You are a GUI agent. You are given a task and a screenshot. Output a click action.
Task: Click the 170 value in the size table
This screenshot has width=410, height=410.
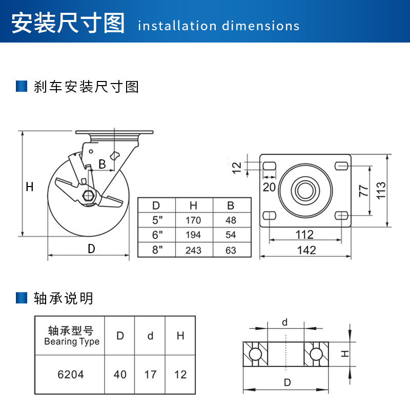pyautogui.click(x=193, y=220)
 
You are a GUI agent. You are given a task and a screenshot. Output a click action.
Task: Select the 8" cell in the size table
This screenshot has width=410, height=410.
pyautogui.click(x=157, y=250)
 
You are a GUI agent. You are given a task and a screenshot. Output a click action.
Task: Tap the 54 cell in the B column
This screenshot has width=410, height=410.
pyautogui.click(x=231, y=235)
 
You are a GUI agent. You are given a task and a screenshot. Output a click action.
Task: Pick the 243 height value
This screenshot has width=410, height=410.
pyautogui.click(x=193, y=250)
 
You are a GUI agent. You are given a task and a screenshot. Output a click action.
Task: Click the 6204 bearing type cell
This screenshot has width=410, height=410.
pyautogui.click(x=71, y=375)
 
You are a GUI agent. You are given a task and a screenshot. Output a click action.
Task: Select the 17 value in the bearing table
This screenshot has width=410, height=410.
pyautogui.click(x=150, y=375)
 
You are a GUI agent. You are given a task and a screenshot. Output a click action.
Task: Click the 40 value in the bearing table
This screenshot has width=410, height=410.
pyautogui.click(x=120, y=375)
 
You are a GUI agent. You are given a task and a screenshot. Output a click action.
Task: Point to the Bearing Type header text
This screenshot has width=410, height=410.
pyautogui.click(x=72, y=341)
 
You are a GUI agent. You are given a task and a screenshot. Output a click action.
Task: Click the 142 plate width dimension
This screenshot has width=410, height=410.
pyautogui.click(x=306, y=250)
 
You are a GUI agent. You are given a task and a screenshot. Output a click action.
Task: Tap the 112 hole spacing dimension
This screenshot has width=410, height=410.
pyautogui.click(x=304, y=235)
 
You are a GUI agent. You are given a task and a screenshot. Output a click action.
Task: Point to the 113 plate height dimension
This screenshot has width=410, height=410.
pyautogui.click(x=381, y=191)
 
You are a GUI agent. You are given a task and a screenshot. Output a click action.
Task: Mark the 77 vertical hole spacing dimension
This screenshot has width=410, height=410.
pyautogui.click(x=363, y=191)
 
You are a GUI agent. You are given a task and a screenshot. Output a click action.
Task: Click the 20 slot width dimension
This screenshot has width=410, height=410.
pyautogui.click(x=269, y=187)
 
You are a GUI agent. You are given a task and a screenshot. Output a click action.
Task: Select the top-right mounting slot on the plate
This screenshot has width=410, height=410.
pyautogui.click(x=341, y=166)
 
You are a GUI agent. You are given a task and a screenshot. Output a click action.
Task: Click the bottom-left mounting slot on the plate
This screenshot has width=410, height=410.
pyautogui.click(x=270, y=216)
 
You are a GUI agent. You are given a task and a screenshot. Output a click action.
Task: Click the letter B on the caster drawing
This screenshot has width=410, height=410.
pyautogui.click(x=102, y=164)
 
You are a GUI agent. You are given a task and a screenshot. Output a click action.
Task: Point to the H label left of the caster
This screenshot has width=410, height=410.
pyautogui.click(x=30, y=187)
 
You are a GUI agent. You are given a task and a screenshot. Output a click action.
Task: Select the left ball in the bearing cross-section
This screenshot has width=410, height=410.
pyautogui.click(x=255, y=354)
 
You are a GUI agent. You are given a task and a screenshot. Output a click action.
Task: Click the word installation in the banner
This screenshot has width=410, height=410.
pyautogui.click(x=177, y=26)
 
